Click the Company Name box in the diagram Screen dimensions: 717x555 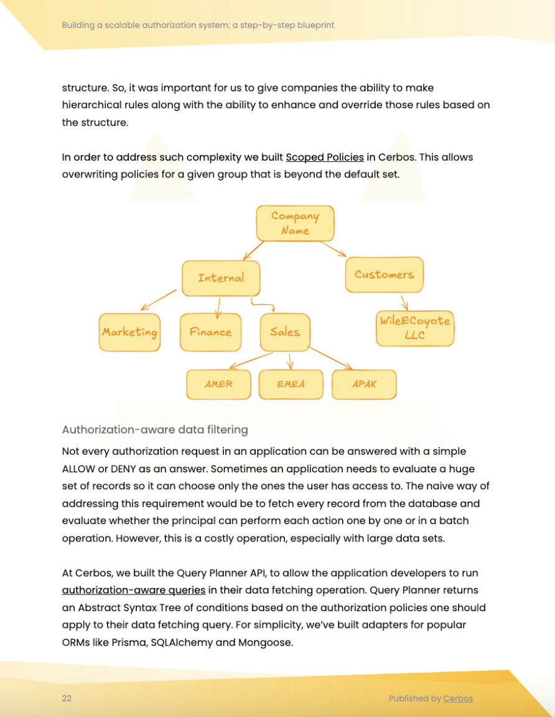click(295, 223)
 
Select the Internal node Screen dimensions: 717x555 click(221, 278)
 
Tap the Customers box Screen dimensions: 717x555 click(384, 274)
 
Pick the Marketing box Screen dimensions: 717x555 click(129, 332)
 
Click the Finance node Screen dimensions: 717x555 click(210, 332)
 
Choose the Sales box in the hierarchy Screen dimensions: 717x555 click(285, 332)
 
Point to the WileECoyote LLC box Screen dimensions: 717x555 click(415, 328)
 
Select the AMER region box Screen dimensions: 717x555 click(218, 385)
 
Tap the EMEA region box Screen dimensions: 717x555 click(291, 385)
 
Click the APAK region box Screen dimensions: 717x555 click(364, 385)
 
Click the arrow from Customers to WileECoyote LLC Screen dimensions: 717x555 click(404, 302)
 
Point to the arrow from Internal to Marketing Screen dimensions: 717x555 click(159, 299)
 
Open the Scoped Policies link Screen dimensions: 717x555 click(324, 157)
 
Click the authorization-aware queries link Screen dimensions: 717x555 click(133, 590)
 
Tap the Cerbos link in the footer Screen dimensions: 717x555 click(457, 698)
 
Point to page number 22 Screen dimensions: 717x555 click(67, 698)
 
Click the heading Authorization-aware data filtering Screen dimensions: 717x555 click(155, 429)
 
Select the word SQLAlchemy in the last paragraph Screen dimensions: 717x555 click(181, 642)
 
